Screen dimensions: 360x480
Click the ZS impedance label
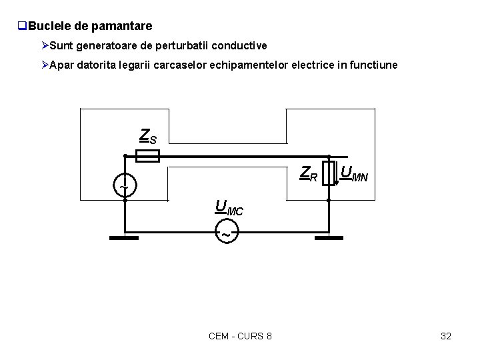point(148,136)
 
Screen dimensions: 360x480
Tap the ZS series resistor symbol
point(147,157)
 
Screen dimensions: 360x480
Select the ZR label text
point(309,174)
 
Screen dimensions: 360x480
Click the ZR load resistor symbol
point(329,173)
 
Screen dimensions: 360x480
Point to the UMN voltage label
point(354,174)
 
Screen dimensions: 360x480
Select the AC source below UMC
point(226,235)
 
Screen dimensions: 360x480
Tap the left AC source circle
point(125,185)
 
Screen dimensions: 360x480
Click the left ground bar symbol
point(123,238)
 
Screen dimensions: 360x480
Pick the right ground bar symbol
point(331,238)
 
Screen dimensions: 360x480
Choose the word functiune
point(371,65)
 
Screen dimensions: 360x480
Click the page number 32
point(446,336)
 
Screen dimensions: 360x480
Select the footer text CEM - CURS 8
point(240,336)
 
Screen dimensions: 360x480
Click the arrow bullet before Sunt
point(44,46)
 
